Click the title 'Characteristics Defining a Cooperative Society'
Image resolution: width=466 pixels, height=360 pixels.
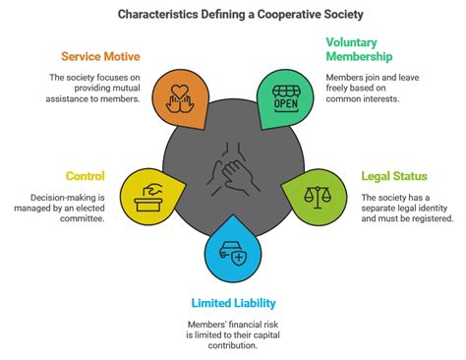[x=233, y=15]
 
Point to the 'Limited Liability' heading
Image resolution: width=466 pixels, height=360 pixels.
[x=233, y=302]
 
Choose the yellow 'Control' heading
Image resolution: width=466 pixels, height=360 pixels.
[x=86, y=176]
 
